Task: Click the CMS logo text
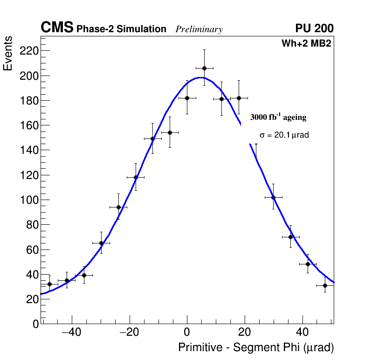pyautogui.click(x=57, y=28)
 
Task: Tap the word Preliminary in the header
pyautogui.click(x=199, y=30)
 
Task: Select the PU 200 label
pyautogui.click(x=314, y=28)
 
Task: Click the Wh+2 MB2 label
pyautogui.click(x=306, y=44)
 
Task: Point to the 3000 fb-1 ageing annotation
pyautogui.click(x=278, y=117)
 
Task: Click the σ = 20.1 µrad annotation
pyautogui.click(x=284, y=135)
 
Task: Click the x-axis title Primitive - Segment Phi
pyautogui.click(x=256, y=348)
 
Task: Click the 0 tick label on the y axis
pyautogui.click(x=36, y=324)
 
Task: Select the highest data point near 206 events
pyautogui.click(x=204, y=68)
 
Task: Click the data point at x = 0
pyautogui.click(x=187, y=98)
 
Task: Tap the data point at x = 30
pyautogui.click(x=273, y=197)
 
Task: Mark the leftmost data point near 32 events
pyautogui.click(x=49, y=284)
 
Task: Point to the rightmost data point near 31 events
pyautogui.click(x=325, y=285)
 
